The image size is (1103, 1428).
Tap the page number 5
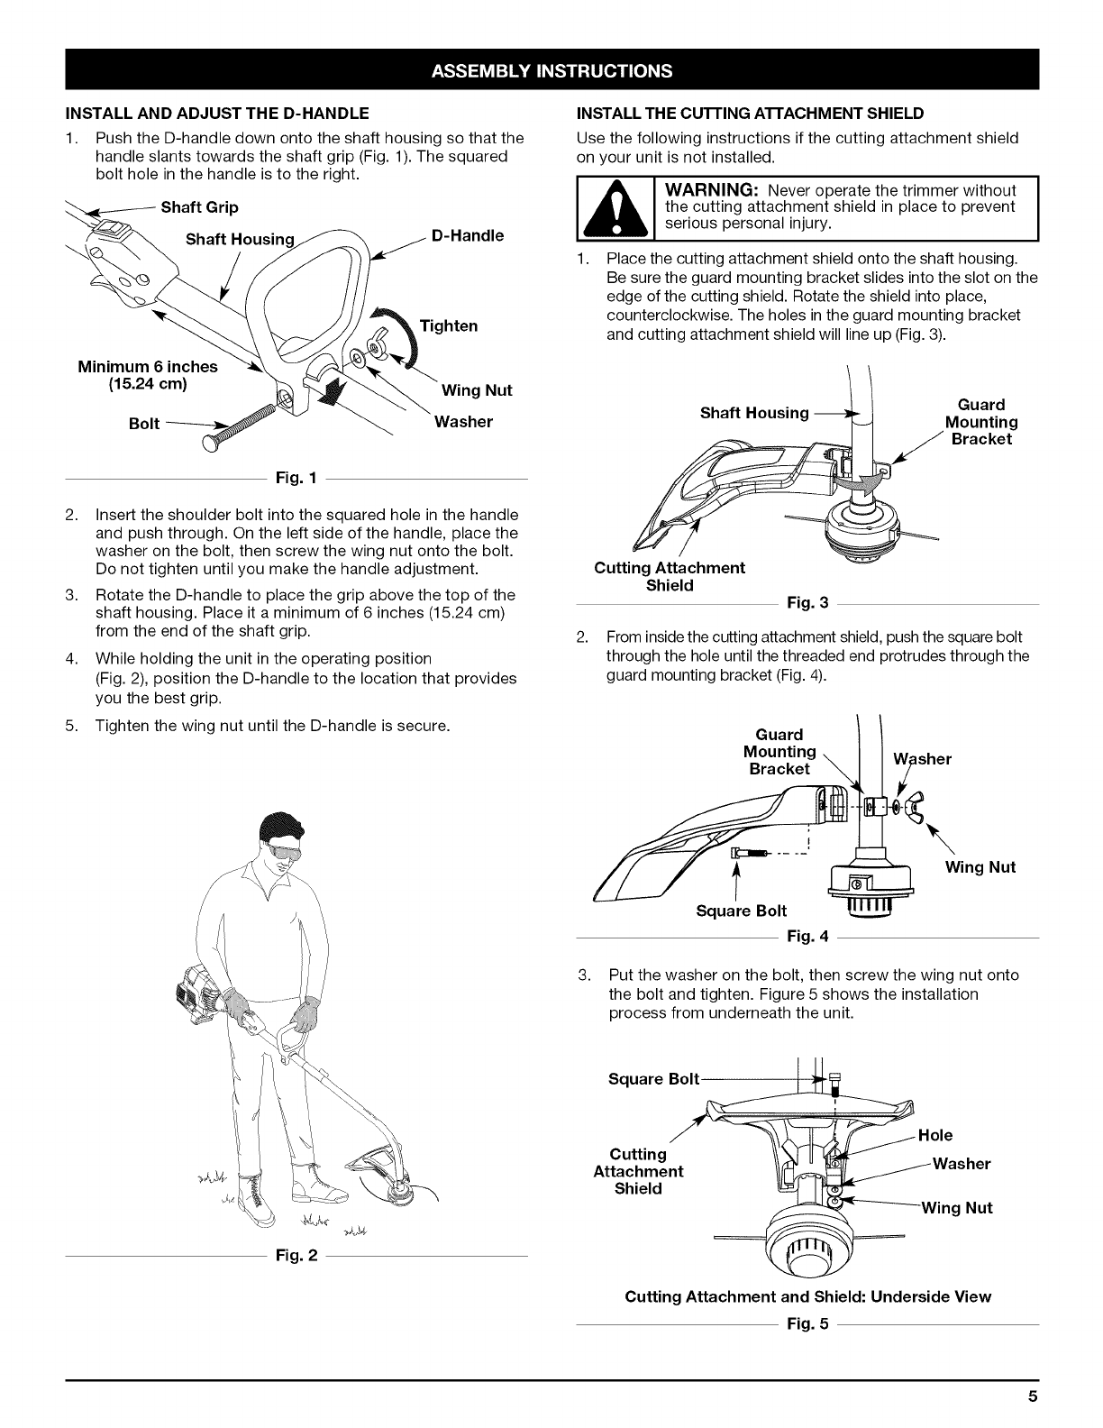pos(1033,1398)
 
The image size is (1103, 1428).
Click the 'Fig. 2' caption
pos(296,1256)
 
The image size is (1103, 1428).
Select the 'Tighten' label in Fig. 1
pos(449,325)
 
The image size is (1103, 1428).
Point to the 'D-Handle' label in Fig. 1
pos(468,236)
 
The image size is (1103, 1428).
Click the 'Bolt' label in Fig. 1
pos(144,423)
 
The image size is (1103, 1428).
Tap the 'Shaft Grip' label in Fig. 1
pos(199,207)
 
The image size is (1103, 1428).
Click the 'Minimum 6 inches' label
pos(148,367)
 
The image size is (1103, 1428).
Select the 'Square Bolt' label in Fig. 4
pos(742,911)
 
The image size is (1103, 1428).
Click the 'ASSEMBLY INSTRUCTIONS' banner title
pos(551,70)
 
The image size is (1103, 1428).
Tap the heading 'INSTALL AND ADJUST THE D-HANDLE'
pos(215,114)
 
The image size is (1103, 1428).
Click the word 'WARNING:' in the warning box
pos(714,190)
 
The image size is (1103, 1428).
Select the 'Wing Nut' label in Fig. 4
pos(980,867)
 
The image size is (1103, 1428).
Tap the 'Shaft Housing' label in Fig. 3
pos(754,413)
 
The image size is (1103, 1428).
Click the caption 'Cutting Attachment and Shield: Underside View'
pos(807,1297)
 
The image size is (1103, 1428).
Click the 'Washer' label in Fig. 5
pos(962,1164)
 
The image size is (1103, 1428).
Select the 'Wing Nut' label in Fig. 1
pos(477,390)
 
